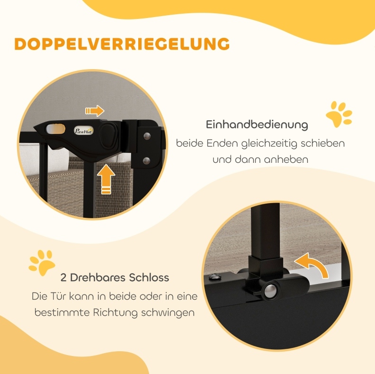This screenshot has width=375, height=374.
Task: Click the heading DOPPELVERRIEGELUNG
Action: coord(122,44)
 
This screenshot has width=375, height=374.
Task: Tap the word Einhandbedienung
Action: coord(257,125)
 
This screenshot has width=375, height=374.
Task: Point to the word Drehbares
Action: coord(98,277)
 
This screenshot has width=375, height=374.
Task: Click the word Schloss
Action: coord(149,277)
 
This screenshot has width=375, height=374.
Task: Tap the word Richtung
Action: coord(115,312)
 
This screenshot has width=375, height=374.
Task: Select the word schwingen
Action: coord(168,313)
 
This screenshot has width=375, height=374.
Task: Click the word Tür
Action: coord(58,296)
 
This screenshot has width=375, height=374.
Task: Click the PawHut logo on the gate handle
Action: coord(84,130)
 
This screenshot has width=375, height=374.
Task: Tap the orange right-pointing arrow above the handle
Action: coord(95,111)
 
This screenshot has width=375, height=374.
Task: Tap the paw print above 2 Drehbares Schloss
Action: coord(42,262)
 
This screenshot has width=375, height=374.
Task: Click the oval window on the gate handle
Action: coord(55,129)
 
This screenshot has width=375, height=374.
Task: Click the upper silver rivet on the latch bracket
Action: coord(147,136)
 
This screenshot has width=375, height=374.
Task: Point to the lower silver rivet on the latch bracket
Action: coord(147,160)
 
